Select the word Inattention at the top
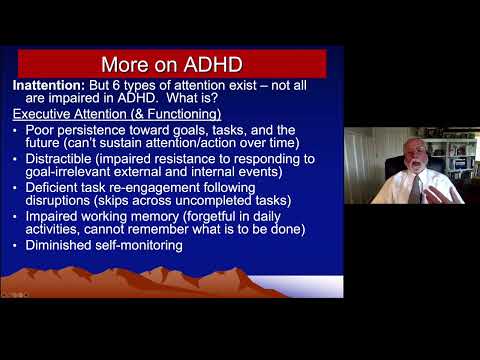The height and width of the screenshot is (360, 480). click(49, 86)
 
